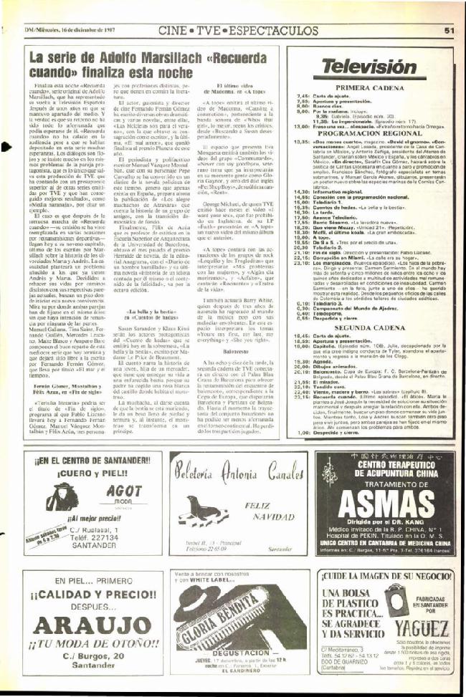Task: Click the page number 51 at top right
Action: point(450,30)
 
